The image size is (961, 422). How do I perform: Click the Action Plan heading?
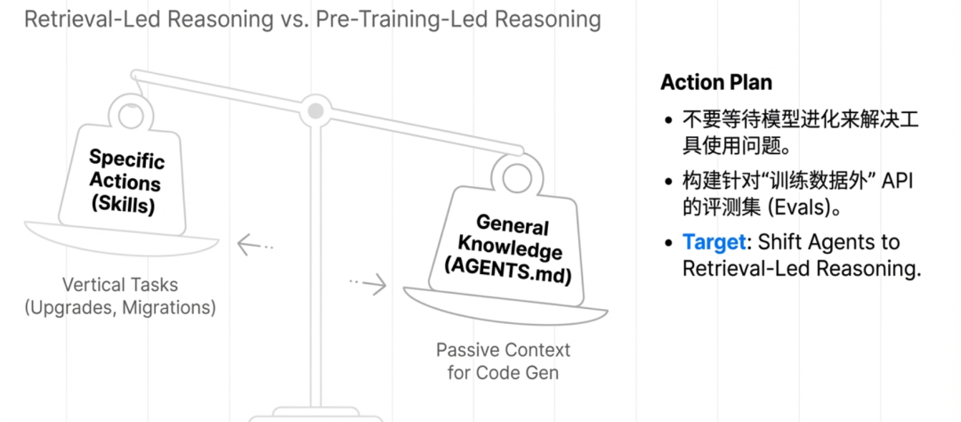[x=716, y=83]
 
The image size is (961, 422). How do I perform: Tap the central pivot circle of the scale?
[x=314, y=111]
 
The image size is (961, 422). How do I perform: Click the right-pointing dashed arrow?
[x=368, y=283]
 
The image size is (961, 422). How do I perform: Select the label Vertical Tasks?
[x=120, y=286]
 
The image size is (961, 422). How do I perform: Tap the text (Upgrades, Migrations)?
[x=120, y=308]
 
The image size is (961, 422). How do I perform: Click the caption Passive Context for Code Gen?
[x=503, y=361]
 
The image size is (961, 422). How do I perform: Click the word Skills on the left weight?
[x=125, y=207]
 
